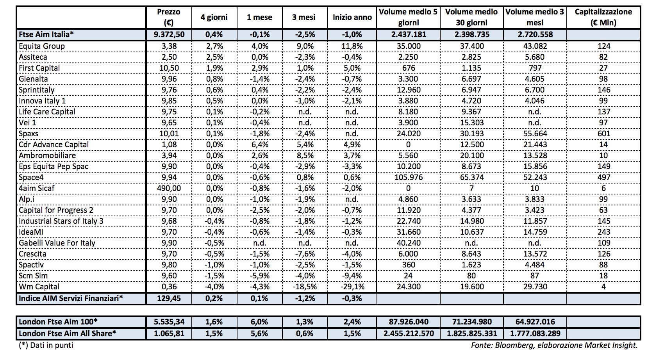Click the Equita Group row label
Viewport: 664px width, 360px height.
[x=42, y=46]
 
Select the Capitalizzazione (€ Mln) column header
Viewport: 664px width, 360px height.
[x=603, y=17]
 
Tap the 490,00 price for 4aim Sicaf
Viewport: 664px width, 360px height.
[x=169, y=188]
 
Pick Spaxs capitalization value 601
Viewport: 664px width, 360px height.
[x=603, y=134]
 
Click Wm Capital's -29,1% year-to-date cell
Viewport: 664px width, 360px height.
[x=352, y=287]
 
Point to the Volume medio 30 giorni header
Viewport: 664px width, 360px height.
[x=471, y=17]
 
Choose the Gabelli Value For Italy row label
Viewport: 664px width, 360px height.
[x=57, y=243]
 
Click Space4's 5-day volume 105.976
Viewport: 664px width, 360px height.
[x=408, y=177]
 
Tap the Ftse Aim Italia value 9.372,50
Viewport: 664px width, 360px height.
[x=169, y=34]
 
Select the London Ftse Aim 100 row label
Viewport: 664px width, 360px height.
[x=58, y=322]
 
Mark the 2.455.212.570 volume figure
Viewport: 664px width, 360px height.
[x=408, y=333]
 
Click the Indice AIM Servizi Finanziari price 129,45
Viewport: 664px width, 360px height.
[x=169, y=298]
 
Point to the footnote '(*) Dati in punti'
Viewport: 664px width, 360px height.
[x=46, y=345]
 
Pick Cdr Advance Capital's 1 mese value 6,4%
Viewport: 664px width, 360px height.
[x=259, y=144]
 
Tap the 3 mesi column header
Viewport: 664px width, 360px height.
[x=303, y=17]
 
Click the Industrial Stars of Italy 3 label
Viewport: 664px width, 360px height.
[x=61, y=221]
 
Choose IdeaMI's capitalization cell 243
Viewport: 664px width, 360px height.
[x=603, y=232]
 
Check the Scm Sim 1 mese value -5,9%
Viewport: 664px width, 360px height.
[x=259, y=276]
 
